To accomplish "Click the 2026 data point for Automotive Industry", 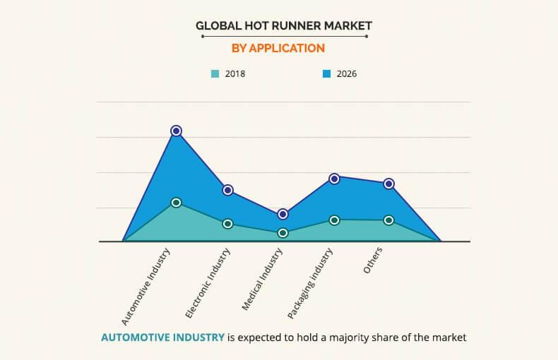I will [x=176, y=131].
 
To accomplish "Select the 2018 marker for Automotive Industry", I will [x=176, y=203].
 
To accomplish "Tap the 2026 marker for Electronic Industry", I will [x=227, y=190].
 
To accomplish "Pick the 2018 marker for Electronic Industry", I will [x=227, y=224].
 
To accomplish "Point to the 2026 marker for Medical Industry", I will [x=283, y=214].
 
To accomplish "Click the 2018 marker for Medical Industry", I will [x=283, y=233].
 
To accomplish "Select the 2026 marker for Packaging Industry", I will [x=334, y=179].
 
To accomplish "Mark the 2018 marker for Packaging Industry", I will [x=334, y=220].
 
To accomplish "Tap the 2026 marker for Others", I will [x=388, y=184].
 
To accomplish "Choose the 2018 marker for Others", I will [x=388, y=220].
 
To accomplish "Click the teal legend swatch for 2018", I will [x=215, y=73].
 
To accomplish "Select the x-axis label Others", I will [x=372, y=262].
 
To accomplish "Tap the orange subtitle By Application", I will [x=278, y=48].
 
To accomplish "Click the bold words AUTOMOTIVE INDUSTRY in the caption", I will [x=162, y=337].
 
